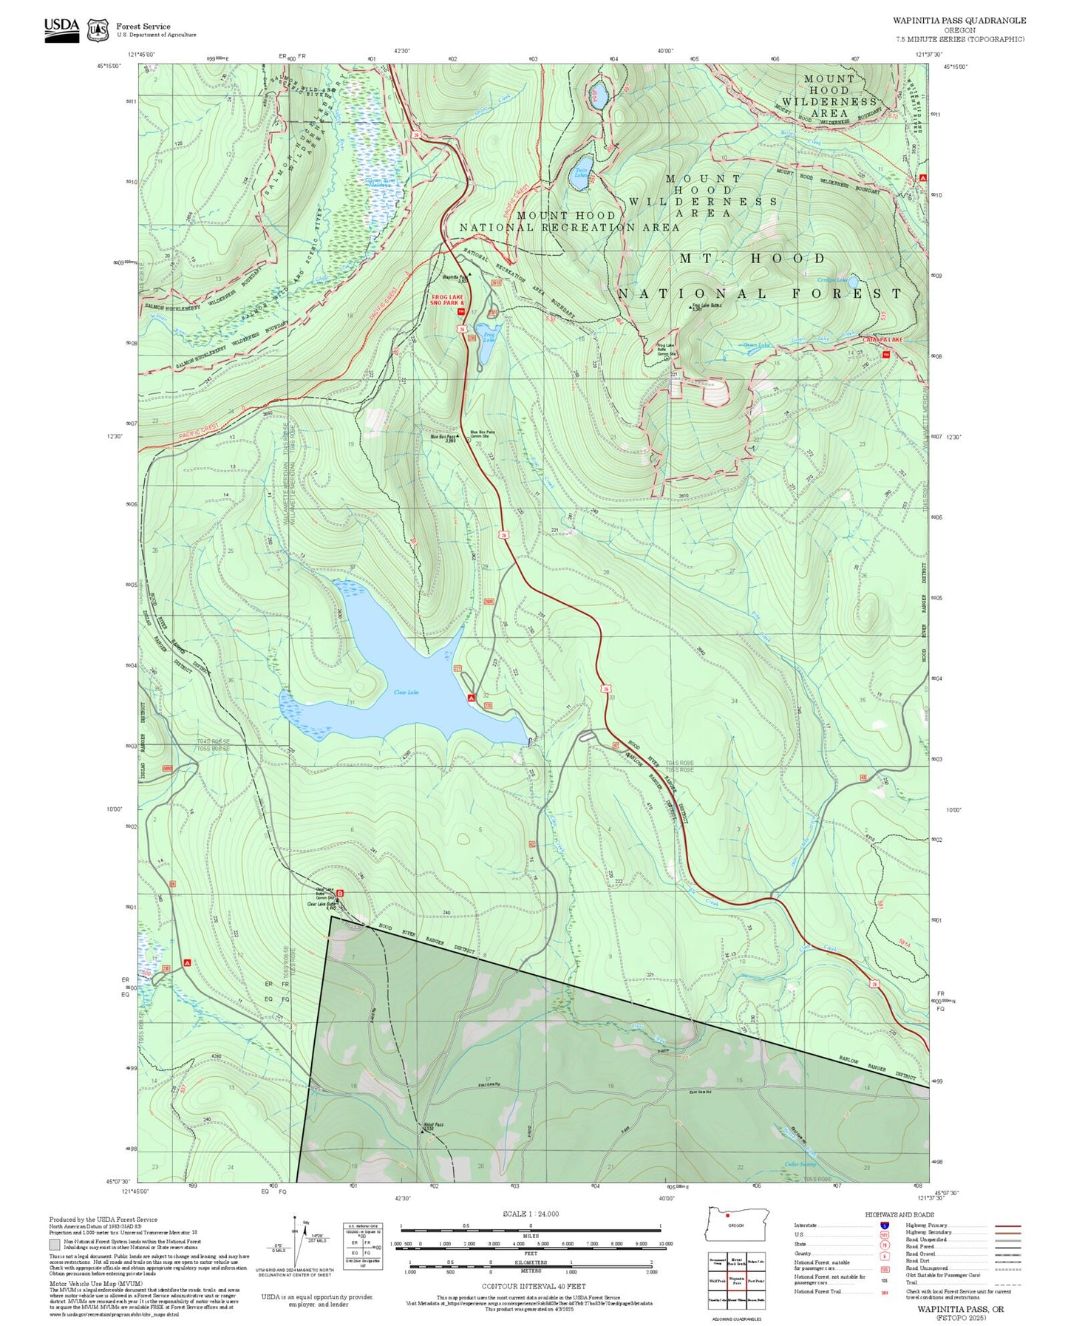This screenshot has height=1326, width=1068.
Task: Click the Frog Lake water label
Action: click(x=489, y=337)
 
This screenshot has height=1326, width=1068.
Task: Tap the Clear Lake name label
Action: click(x=406, y=692)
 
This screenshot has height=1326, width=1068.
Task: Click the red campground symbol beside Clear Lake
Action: click(x=471, y=697)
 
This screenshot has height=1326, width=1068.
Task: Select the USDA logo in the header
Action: click(x=61, y=29)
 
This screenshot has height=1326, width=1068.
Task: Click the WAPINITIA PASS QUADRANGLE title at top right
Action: click(x=959, y=20)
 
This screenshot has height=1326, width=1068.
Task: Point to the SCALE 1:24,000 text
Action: click(x=530, y=1214)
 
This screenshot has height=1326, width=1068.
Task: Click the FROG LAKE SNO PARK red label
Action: click(x=447, y=300)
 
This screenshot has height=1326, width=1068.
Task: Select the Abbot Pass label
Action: click(x=434, y=1124)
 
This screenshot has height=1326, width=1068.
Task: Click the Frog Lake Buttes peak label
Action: click(x=707, y=305)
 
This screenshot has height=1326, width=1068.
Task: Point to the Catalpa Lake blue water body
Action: click(x=853, y=282)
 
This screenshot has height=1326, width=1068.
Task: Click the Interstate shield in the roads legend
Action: click(x=884, y=1225)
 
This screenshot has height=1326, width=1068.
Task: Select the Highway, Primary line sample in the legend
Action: click(x=1007, y=1225)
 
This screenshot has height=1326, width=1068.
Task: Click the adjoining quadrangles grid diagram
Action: click(x=736, y=1281)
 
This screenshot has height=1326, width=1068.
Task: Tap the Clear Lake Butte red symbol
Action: click(x=341, y=895)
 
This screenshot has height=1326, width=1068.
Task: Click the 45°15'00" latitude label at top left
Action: click(x=108, y=66)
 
